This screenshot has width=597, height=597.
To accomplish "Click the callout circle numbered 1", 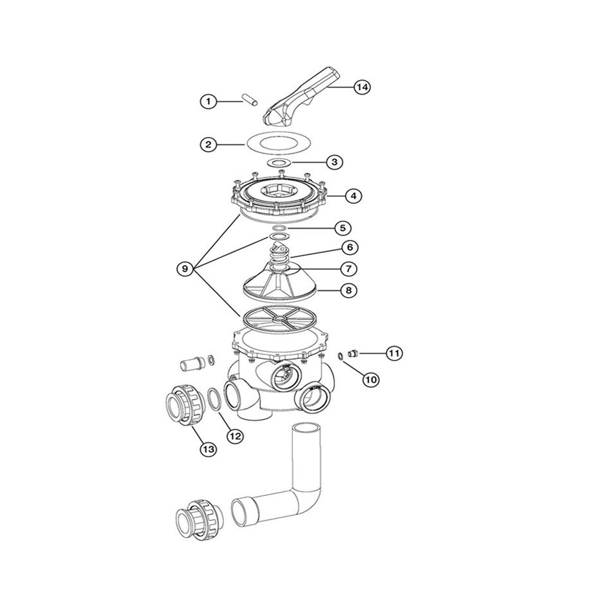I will (209, 101).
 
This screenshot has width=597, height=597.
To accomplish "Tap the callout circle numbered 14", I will (362, 87).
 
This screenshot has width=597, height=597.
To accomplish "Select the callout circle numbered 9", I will (185, 268).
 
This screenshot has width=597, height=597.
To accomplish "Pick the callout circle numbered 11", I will (394, 353).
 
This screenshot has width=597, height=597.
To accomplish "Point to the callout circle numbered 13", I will (209, 449).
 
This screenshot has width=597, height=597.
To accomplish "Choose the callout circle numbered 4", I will (353, 196).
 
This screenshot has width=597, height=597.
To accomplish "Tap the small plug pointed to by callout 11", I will (353, 353).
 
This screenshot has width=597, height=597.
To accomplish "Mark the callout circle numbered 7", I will (348, 269).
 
